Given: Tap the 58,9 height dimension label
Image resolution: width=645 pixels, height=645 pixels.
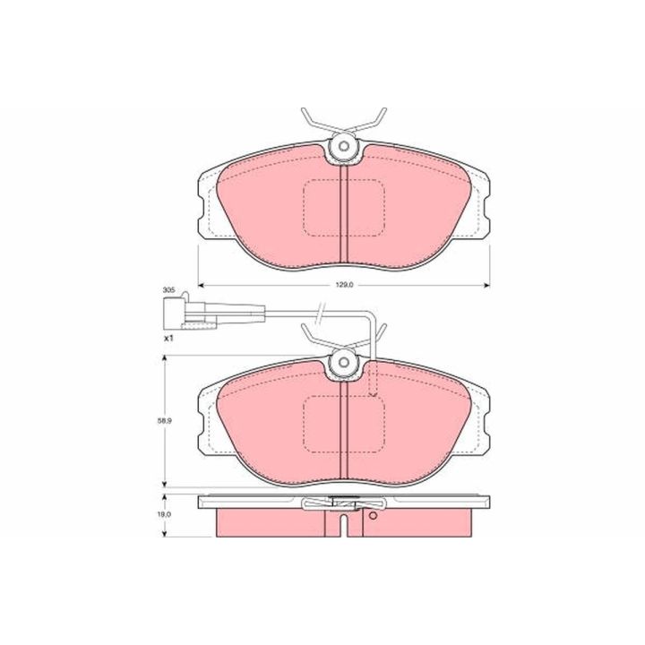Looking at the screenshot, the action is pos(167,421).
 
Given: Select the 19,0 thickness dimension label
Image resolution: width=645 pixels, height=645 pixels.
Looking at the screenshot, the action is pos(167,514).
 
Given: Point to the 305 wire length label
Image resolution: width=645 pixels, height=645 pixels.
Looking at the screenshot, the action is pos(168,289).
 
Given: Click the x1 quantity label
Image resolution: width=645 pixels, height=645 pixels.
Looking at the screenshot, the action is pos(168,339).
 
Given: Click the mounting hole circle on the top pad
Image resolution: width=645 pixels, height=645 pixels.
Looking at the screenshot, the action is pos(344,146).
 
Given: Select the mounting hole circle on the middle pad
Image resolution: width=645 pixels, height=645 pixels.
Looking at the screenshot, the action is pos(344,362).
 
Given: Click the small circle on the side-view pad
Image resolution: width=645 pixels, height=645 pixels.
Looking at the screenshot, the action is pos(373,515).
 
